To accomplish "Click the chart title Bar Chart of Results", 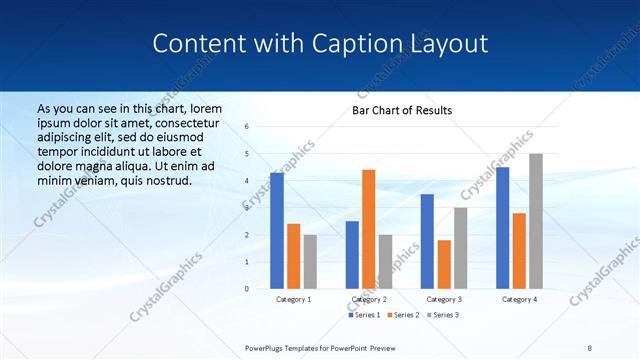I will (x=401, y=110).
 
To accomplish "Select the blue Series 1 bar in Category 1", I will (x=277, y=231).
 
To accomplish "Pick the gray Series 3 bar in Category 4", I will (x=536, y=221).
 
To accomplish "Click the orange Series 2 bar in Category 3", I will (x=444, y=264).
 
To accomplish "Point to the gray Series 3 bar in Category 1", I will (x=310, y=262).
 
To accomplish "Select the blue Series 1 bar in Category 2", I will (x=352, y=255).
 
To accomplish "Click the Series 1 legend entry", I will (x=365, y=315).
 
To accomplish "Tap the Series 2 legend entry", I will (x=403, y=315).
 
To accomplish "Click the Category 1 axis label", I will (x=293, y=299).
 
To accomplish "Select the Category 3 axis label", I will (x=444, y=299).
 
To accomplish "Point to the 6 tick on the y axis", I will (x=247, y=127).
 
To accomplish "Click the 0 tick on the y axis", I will (x=247, y=289).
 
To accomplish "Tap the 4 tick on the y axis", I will (x=247, y=181).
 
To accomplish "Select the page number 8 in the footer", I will (x=590, y=347).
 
